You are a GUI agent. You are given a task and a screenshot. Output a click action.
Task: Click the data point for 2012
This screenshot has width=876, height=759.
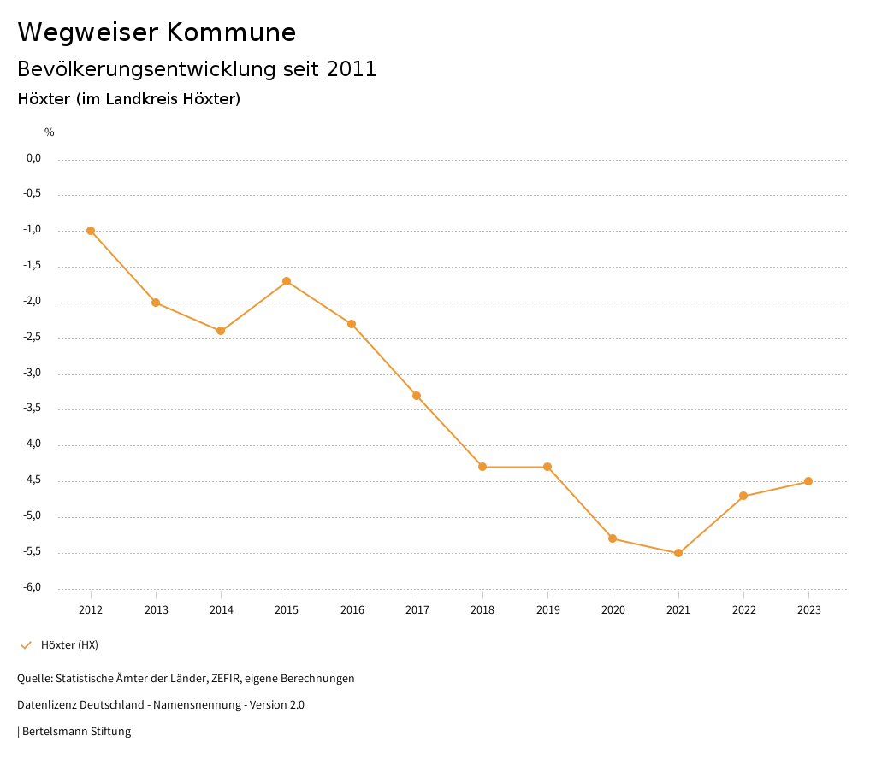91,231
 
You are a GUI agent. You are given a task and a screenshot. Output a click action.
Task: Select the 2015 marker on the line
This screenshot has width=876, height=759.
287,281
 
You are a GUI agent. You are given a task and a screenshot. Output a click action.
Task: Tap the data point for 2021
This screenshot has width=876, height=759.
678,553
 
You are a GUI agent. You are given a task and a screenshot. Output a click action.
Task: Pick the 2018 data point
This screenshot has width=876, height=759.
482,467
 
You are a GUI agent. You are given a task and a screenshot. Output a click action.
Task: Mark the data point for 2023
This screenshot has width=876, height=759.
808,481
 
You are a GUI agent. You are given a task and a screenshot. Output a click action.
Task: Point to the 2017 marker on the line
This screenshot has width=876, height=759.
417,396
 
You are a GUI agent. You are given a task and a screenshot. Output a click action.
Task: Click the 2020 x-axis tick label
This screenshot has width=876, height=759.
613,610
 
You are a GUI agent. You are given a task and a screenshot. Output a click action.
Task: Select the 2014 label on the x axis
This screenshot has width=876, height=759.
222,610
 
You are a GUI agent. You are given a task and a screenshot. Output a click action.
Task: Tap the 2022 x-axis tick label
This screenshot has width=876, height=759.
743,610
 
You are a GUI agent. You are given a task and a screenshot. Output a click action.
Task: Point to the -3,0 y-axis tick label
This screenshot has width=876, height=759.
33,374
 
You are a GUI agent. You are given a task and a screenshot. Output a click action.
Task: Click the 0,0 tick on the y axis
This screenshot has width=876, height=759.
34,158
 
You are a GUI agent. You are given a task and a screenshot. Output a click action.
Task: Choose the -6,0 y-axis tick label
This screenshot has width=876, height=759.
33,588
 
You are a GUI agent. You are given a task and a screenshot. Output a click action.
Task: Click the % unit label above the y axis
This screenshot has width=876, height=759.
50,132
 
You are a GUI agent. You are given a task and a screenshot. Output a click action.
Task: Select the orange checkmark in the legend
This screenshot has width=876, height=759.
26,644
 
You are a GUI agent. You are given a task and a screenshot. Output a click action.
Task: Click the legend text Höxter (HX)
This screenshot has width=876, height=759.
69,644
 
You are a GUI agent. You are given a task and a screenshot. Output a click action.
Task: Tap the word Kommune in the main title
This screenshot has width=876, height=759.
231,32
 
